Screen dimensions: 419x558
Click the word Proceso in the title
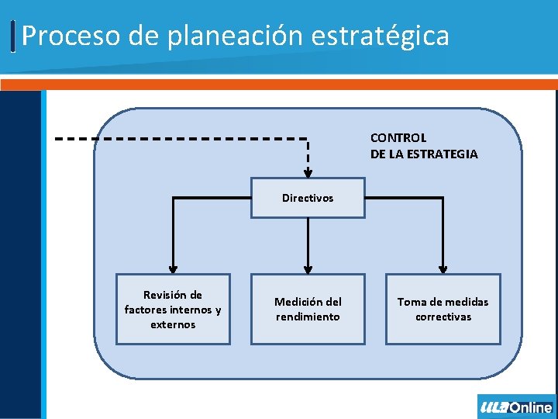pos(62,36)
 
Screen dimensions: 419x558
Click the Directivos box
pos(308,198)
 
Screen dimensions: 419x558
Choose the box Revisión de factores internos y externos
pos(173,309)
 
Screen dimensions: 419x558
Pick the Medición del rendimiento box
pos(308,309)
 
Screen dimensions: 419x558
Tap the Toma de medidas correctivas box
pos(443,309)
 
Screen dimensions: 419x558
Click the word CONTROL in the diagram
pos(398,138)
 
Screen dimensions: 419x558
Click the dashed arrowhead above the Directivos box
pos(308,173)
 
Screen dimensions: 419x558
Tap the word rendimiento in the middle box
pos(308,317)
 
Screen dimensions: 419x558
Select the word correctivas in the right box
pos(443,317)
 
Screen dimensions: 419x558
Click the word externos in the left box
pos(173,324)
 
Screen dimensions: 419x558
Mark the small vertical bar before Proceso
pos(14,36)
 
